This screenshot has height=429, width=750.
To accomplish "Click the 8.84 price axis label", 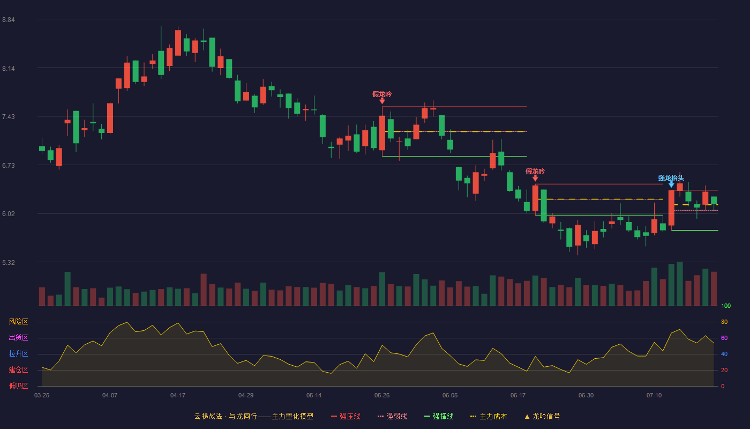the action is click(9, 20).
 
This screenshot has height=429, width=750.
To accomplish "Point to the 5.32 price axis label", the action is click(9, 262).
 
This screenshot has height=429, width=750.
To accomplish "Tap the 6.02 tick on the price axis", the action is click(9, 214).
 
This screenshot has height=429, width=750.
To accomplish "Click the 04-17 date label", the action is click(178, 396).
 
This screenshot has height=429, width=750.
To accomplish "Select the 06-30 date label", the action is click(586, 396).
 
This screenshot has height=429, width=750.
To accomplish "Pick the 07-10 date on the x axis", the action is click(654, 396).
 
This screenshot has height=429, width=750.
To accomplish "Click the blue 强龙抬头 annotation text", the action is click(671, 177).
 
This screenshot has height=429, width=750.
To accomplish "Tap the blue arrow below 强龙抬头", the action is click(671, 184).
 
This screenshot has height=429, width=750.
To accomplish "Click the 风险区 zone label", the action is click(18, 322).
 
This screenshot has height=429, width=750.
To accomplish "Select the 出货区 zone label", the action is click(18, 337).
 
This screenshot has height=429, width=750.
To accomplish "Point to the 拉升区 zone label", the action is click(18, 353).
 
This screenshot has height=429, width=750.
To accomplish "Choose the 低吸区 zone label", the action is click(18, 386).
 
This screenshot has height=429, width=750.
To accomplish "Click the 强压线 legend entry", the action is click(346, 416).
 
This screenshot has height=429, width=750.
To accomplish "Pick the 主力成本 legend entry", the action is click(489, 416).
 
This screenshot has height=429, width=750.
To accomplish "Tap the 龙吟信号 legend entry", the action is click(542, 416).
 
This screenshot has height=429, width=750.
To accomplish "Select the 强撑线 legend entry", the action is click(439, 416).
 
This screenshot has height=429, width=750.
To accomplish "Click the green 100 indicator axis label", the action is click(726, 306).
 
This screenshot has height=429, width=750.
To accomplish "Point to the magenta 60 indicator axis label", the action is click(724, 338).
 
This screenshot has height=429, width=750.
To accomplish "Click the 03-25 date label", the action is click(42, 396).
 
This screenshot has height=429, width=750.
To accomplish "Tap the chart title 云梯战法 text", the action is click(208, 416).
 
